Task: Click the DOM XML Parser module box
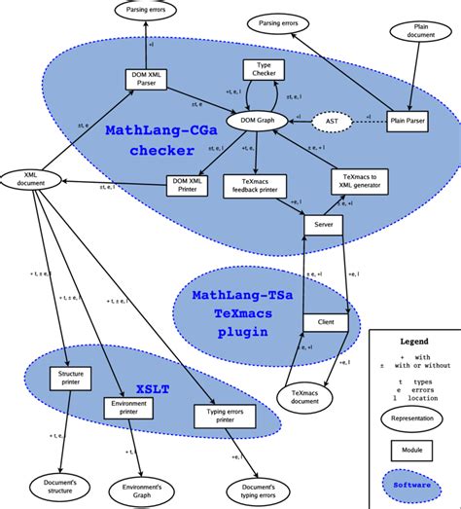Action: click(149, 81)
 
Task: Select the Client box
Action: click(325, 321)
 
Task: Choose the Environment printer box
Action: click(128, 406)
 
